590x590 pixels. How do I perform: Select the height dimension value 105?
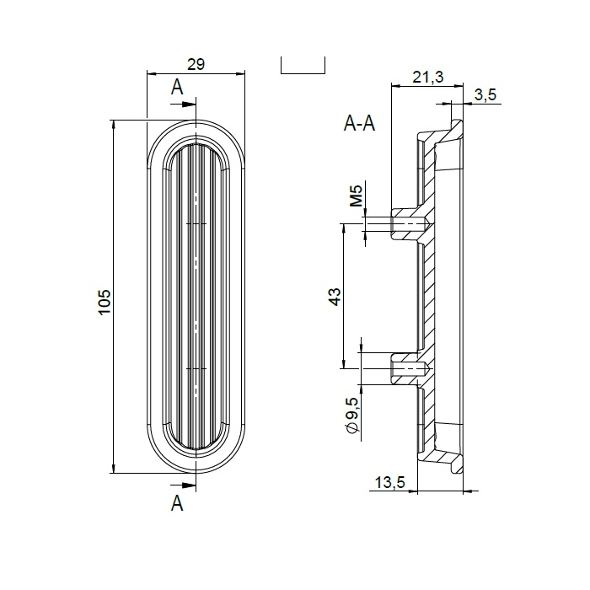[104, 301]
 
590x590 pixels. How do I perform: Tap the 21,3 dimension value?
[428, 78]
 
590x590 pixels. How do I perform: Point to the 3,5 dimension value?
[485, 95]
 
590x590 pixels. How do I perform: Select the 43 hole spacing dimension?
[334, 296]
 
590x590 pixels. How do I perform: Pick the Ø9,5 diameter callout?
[353, 417]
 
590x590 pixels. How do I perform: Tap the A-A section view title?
[360, 124]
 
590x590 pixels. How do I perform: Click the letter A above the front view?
[177, 87]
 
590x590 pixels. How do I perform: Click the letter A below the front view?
[177, 504]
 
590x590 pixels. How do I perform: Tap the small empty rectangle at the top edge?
[303, 66]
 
